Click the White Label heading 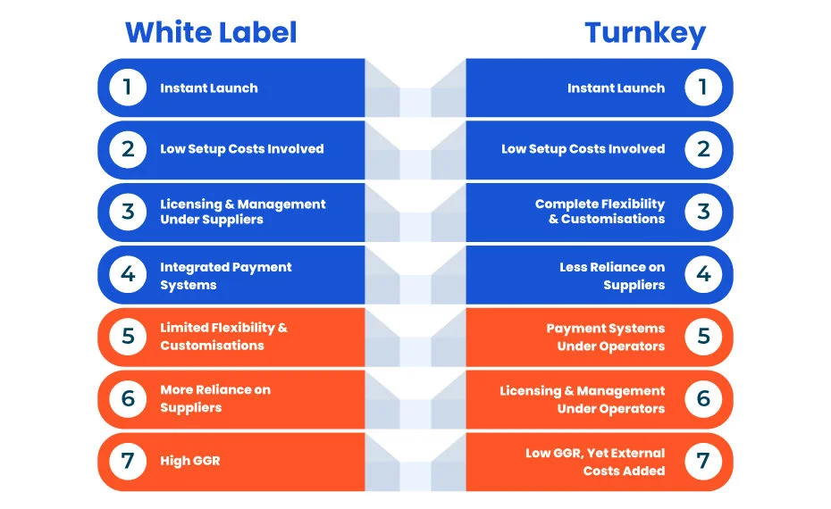211,32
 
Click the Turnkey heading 645,34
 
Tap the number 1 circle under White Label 128,88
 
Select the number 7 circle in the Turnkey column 703,462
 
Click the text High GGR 190,461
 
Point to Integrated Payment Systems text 226,275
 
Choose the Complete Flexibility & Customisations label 600,212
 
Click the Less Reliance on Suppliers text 612,275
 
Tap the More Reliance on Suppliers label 215,398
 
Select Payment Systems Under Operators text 606,337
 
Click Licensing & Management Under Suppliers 243,212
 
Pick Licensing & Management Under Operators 583,399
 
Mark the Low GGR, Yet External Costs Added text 595,462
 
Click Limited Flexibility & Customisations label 223,337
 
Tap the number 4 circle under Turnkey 703,274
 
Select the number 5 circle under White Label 128,337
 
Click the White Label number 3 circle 128,212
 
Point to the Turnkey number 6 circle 703,399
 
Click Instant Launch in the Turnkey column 616,88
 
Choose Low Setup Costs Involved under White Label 241,149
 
